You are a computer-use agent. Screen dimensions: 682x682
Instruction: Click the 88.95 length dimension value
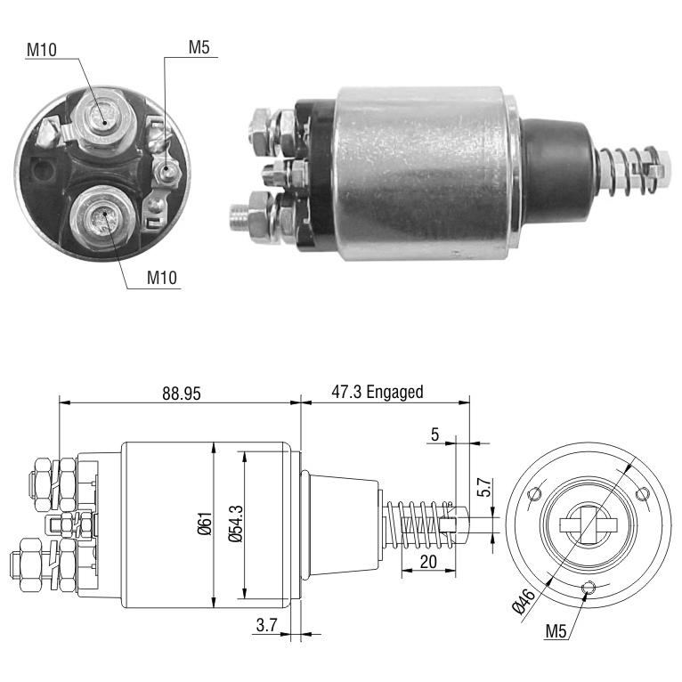pos(182,394)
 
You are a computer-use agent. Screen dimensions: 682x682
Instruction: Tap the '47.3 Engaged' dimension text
pos(378,392)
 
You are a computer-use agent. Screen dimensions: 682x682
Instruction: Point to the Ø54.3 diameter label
pos(235,524)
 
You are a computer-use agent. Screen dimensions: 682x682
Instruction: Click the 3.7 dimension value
pos(266,625)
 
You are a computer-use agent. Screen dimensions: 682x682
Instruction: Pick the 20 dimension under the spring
pos(428,562)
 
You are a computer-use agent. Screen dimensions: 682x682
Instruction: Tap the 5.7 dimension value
pos(484,487)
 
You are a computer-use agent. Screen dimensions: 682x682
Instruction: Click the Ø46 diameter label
pos(524,602)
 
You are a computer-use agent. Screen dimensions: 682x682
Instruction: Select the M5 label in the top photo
pos(199,47)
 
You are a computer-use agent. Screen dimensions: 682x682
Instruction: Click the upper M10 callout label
pos(42,50)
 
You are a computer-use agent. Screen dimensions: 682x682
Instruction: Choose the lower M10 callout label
pos(162,277)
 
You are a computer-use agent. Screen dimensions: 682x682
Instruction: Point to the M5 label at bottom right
pos(556,630)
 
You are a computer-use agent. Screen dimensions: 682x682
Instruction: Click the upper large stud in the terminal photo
pos(103,118)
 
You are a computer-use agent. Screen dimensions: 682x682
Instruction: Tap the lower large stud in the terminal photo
pos(103,217)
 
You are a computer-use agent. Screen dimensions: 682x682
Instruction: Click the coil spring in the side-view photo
pos(629,170)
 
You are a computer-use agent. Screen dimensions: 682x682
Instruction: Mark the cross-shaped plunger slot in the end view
pos(589,525)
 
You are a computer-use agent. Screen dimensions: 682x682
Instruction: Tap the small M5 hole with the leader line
pos(588,588)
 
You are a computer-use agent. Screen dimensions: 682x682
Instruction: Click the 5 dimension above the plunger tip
pos(435,434)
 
